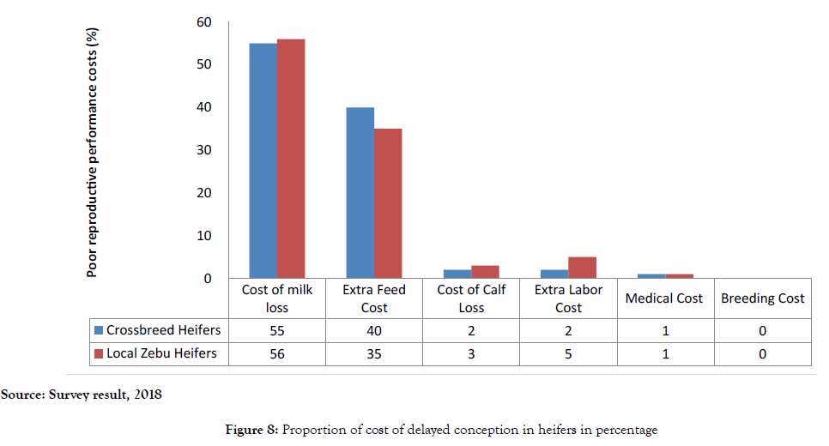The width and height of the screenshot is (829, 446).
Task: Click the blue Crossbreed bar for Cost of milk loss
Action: (263, 160)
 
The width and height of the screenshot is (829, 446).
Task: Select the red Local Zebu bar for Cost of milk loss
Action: (291, 159)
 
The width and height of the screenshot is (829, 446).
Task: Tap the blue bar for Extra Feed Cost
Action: (360, 192)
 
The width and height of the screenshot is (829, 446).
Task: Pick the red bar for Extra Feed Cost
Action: (388, 203)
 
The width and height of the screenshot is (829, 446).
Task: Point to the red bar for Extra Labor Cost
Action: (582, 268)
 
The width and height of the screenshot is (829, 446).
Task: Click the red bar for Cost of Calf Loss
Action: (485, 272)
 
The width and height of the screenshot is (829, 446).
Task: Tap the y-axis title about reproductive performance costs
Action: (93, 153)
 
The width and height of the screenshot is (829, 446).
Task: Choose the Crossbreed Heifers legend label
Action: (164, 330)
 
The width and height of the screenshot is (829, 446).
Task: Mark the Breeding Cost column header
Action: (763, 298)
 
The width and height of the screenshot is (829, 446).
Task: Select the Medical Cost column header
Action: (664, 298)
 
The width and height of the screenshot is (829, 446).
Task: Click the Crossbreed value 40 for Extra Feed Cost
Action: (374, 331)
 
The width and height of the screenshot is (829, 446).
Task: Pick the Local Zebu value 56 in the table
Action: (277, 354)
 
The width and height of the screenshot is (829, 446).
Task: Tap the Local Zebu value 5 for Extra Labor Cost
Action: (568, 354)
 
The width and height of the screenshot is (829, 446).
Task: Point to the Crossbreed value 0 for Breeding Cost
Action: (763, 331)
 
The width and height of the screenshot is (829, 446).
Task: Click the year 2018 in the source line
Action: (146, 395)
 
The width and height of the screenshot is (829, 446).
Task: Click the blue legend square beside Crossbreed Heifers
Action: (99, 330)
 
